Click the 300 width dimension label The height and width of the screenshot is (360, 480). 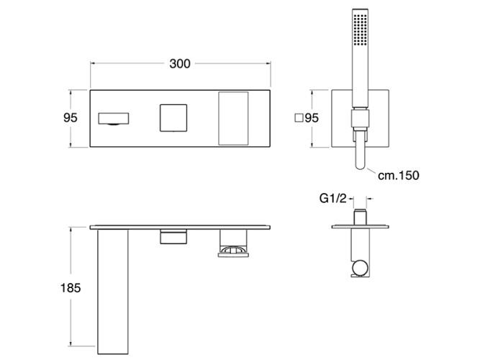pos(180,63)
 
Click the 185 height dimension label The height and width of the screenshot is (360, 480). pos(71,287)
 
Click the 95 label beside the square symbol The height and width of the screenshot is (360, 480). pos(311,119)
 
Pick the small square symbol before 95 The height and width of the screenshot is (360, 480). pos(299,119)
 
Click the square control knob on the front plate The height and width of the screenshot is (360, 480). pos(173,117)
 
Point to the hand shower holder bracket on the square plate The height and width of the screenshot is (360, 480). pos(359,122)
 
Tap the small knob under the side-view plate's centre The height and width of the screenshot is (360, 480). pos(173,237)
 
